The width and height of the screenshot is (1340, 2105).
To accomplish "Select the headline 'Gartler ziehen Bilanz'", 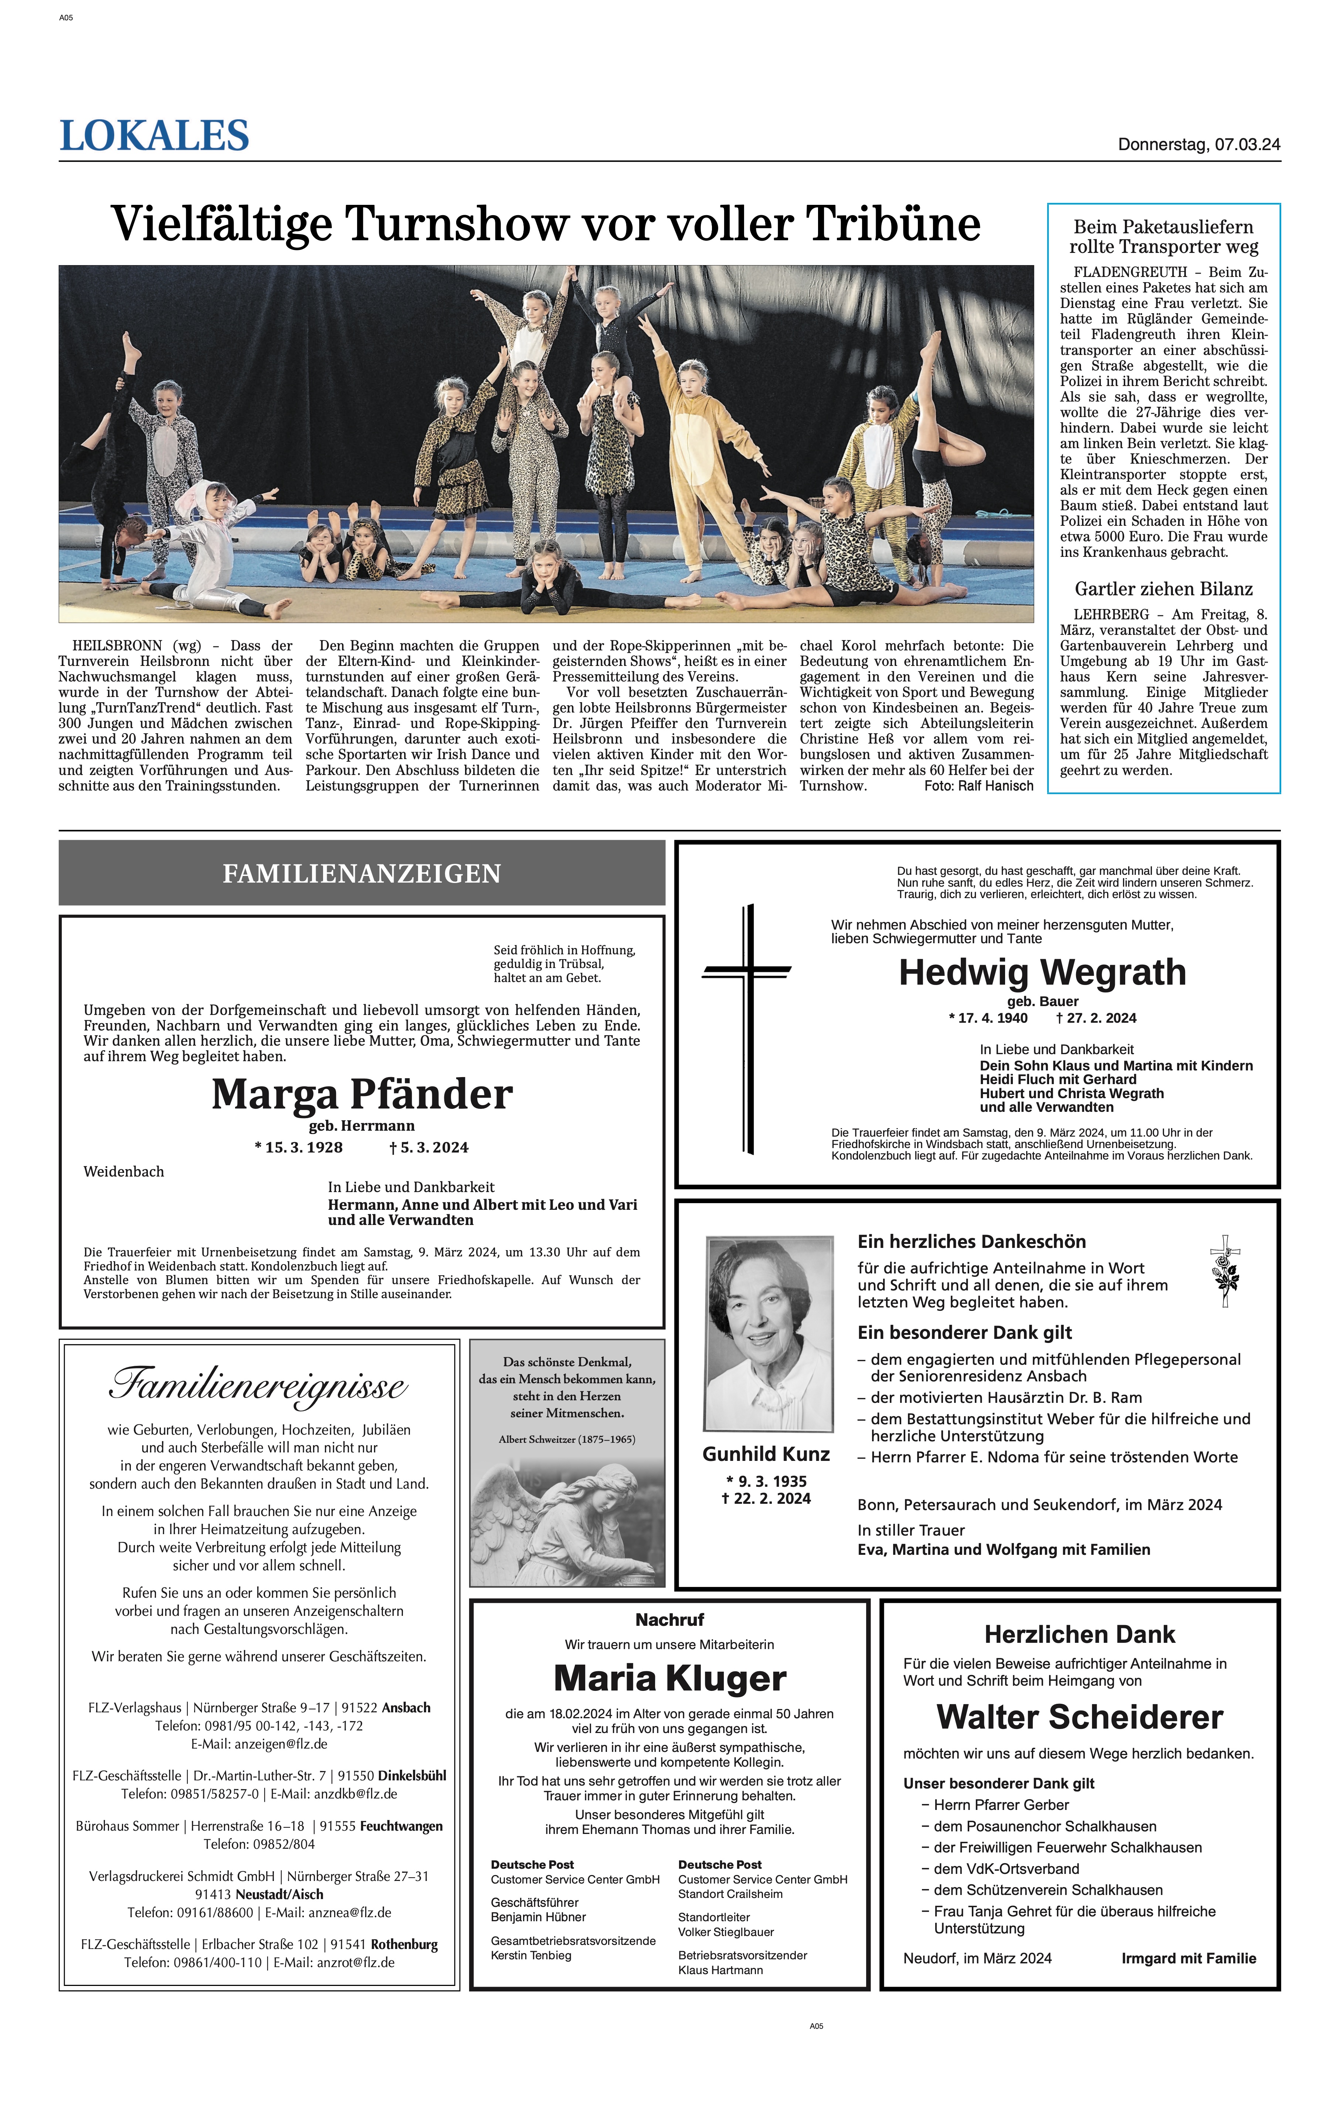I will click(1163, 589).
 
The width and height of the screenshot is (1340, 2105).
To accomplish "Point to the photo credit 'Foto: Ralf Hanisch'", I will click(978, 786).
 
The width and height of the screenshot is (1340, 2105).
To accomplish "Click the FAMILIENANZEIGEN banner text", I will click(362, 873).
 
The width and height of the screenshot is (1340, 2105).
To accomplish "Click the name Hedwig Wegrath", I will click(1042, 972).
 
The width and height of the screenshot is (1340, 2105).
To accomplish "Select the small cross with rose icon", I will click(1225, 1271).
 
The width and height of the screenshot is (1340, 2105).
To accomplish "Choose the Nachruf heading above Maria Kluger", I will click(669, 1620).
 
